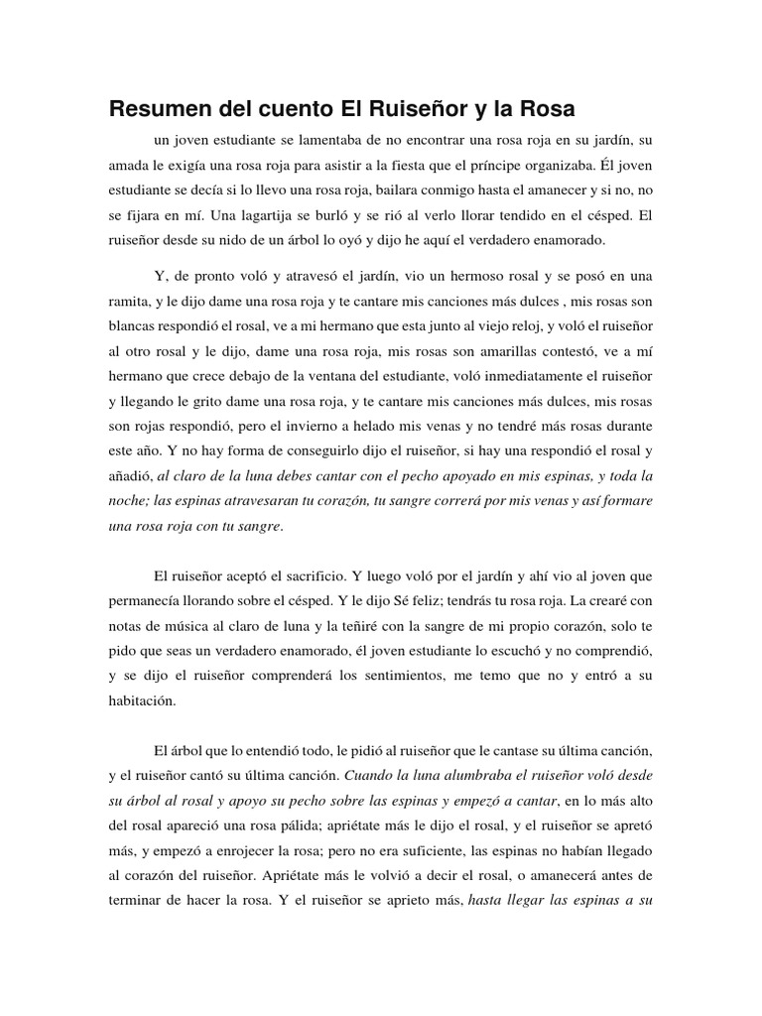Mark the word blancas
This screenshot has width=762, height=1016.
point(135,326)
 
